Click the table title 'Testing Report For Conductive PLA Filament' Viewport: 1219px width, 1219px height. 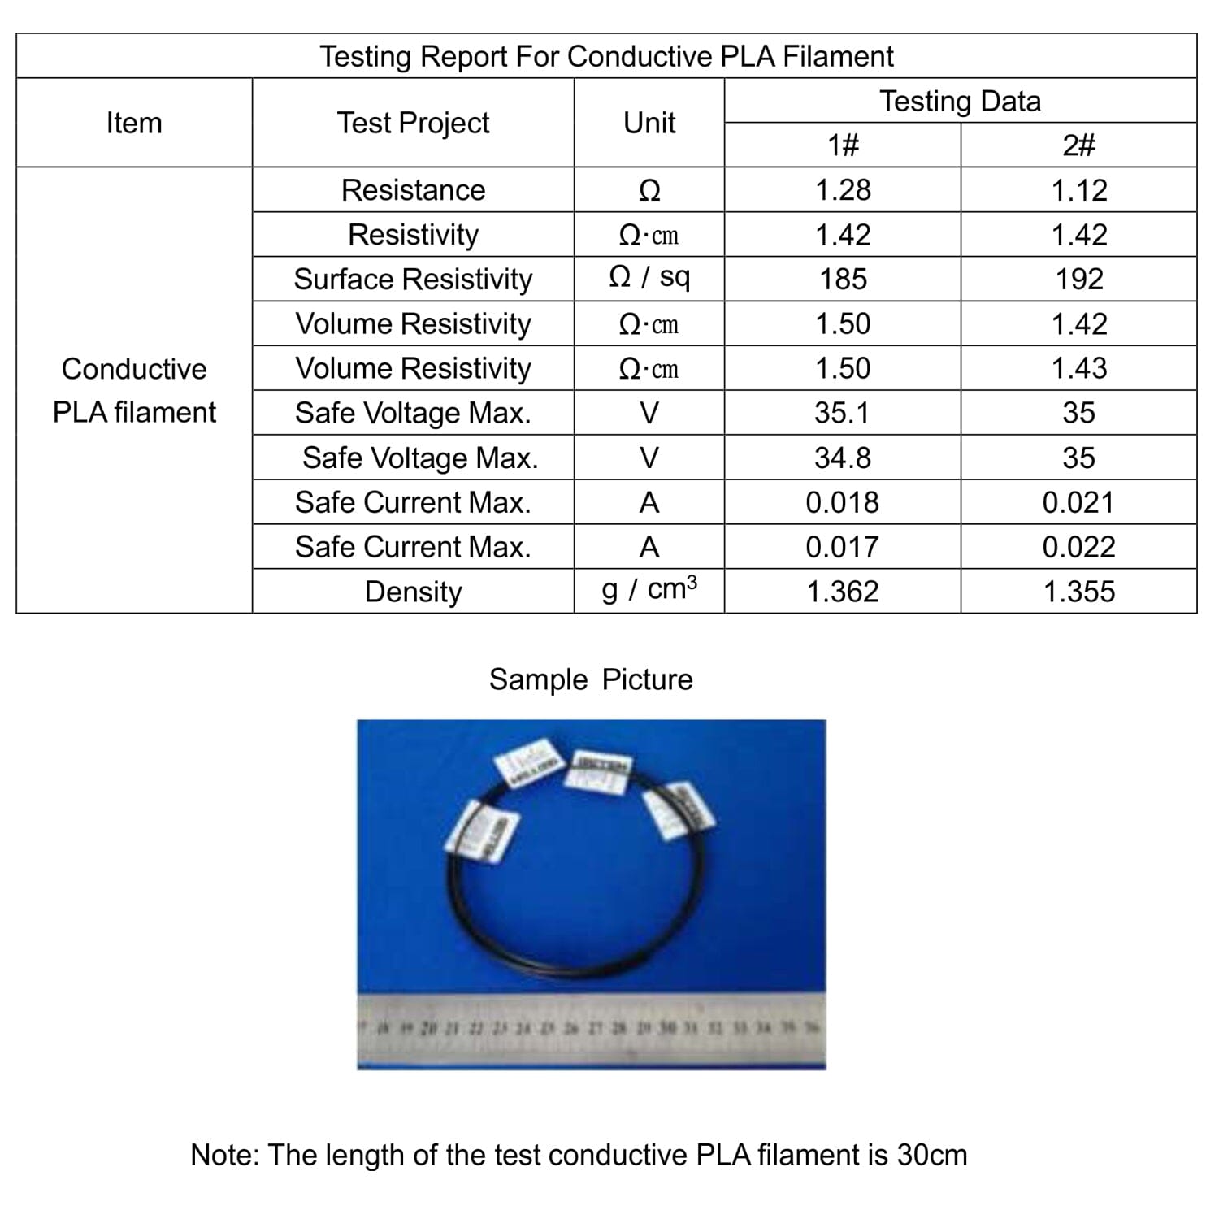click(x=606, y=56)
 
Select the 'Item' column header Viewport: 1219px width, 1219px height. click(x=134, y=123)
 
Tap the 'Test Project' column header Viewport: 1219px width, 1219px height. click(x=413, y=123)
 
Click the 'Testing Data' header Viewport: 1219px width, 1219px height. click(x=960, y=101)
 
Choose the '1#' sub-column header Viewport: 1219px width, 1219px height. click(x=843, y=145)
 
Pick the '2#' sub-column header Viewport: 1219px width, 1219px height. click(x=1078, y=145)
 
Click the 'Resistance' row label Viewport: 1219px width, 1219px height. click(x=413, y=190)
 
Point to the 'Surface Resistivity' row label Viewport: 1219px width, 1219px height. click(x=413, y=280)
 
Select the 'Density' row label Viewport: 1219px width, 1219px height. click(x=413, y=592)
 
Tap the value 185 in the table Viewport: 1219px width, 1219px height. click(x=843, y=280)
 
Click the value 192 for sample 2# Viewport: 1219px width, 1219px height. click(x=1078, y=280)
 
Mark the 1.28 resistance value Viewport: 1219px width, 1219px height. click(x=843, y=190)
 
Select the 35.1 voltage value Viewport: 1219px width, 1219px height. click(x=843, y=413)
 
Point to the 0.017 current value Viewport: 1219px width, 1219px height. click(x=843, y=547)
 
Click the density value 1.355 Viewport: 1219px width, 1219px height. click(x=1078, y=592)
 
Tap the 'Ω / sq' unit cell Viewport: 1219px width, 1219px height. click(x=649, y=278)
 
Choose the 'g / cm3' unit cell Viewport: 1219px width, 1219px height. click(x=649, y=589)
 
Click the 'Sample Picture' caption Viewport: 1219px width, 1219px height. click(x=591, y=679)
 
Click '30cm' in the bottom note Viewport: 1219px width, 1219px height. click(x=932, y=1155)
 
